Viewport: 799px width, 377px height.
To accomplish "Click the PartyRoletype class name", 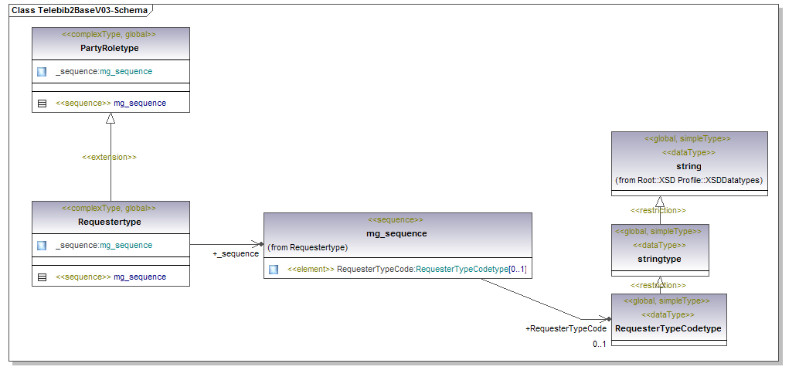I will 110,48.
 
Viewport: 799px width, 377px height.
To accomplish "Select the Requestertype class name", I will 110,222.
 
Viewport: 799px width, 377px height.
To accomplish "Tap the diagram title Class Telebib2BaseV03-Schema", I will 79,11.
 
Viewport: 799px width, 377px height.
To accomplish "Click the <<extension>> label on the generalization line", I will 109,157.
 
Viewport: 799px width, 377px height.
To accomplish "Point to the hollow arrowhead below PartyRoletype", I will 110,118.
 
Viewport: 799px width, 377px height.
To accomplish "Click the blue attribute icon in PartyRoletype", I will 42,72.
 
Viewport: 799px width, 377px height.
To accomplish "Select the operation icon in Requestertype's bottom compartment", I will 42,277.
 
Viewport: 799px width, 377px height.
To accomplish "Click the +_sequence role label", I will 236,253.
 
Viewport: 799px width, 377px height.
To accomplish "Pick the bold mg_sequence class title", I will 396,233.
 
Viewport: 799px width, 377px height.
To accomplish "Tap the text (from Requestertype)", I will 308,248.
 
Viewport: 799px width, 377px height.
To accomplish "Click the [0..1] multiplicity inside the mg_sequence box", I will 518,270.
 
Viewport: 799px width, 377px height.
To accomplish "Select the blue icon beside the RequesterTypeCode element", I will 274,270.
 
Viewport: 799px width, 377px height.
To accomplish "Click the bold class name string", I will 688,166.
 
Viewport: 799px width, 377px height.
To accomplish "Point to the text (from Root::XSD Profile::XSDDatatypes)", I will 688,180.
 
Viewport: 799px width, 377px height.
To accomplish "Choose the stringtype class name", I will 659,259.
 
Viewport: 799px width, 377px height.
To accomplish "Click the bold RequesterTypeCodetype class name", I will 668,328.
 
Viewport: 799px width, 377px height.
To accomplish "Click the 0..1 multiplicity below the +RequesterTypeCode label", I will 599,344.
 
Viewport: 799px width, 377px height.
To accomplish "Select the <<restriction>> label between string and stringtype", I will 658,210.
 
